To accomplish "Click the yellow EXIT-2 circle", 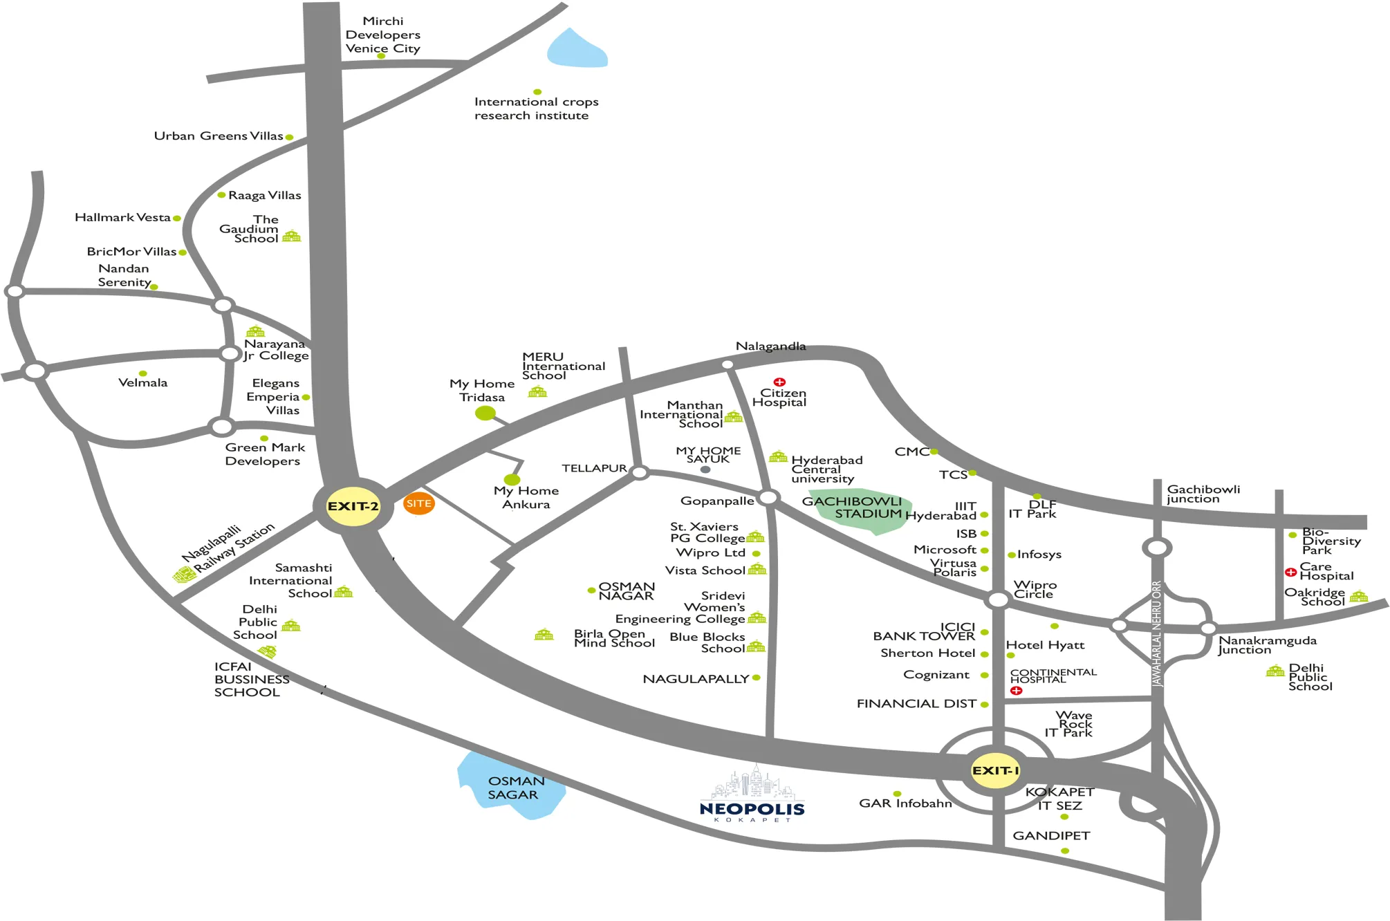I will [x=353, y=506].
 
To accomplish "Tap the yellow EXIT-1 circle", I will [x=996, y=770].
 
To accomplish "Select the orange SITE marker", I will [x=418, y=503].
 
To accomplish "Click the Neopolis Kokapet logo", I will [x=752, y=795].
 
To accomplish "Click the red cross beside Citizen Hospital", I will [x=779, y=382].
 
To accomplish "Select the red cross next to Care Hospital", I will [x=1290, y=572].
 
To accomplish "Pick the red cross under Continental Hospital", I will [x=1016, y=690].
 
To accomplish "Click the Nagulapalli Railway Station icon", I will [x=184, y=575].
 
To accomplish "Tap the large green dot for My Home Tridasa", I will [x=485, y=413].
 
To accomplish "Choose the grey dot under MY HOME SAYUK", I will [x=705, y=469].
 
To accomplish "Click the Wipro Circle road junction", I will [x=998, y=599].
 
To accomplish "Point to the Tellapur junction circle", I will [x=640, y=473].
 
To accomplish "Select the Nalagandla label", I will [x=770, y=346].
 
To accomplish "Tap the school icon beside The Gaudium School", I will [x=292, y=236].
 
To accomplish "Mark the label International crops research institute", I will [x=536, y=109].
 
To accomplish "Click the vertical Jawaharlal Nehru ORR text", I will [x=1157, y=633].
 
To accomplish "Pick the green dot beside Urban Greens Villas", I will [x=289, y=137].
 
